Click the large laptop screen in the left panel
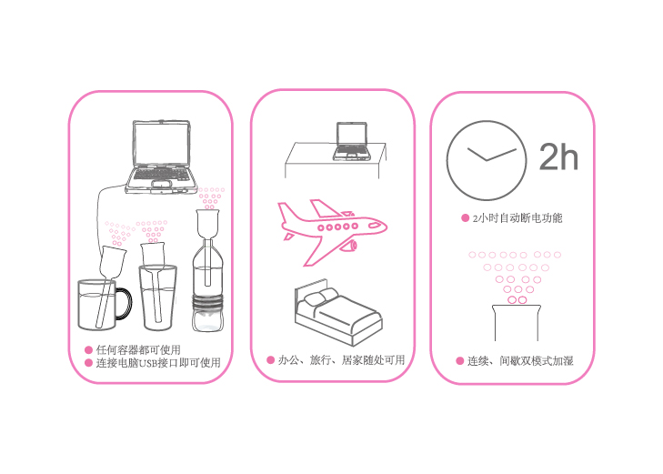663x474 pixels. point(161,144)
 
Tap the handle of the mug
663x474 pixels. point(125,303)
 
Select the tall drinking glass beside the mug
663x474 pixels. point(157,297)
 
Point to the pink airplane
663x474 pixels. point(332,230)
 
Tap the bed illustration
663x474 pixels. point(337,312)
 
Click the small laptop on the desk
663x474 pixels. point(352,141)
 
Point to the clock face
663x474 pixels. point(487,160)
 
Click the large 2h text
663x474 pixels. point(558,156)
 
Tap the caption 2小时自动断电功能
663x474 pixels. point(517,218)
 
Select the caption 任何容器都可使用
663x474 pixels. point(138,349)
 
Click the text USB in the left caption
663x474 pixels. point(148,363)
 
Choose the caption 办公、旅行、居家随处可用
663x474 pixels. point(341,360)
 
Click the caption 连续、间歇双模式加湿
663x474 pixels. point(520,360)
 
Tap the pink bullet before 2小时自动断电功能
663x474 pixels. point(465,218)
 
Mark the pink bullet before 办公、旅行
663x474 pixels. point(271,360)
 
